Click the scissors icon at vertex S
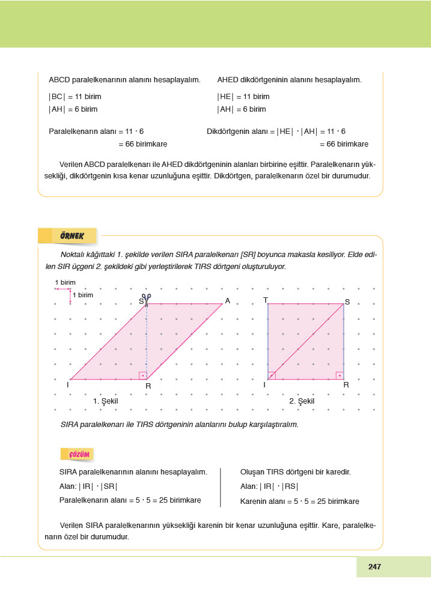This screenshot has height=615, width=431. pyautogui.click(x=146, y=297)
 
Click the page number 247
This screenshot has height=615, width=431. pyautogui.click(x=374, y=566)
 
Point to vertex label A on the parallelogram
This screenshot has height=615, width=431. pyautogui.click(x=228, y=300)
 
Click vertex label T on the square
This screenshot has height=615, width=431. pyautogui.click(x=265, y=299)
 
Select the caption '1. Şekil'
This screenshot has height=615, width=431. pyautogui.click(x=105, y=401)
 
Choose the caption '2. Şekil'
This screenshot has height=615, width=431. pyautogui.click(x=302, y=401)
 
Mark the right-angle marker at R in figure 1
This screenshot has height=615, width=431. pyautogui.click(x=142, y=375)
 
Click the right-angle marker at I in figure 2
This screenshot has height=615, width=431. pyautogui.click(x=272, y=375)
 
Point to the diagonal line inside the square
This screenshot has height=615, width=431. pyautogui.click(x=305, y=342)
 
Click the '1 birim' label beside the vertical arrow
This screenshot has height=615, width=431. pyautogui.click(x=83, y=295)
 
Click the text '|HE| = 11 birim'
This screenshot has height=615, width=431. pyautogui.click(x=243, y=97)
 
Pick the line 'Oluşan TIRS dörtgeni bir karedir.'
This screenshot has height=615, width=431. pyautogui.click(x=295, y=472)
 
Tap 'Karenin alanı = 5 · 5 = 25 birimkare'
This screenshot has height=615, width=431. pyautogui.click(x=299, y=501)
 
